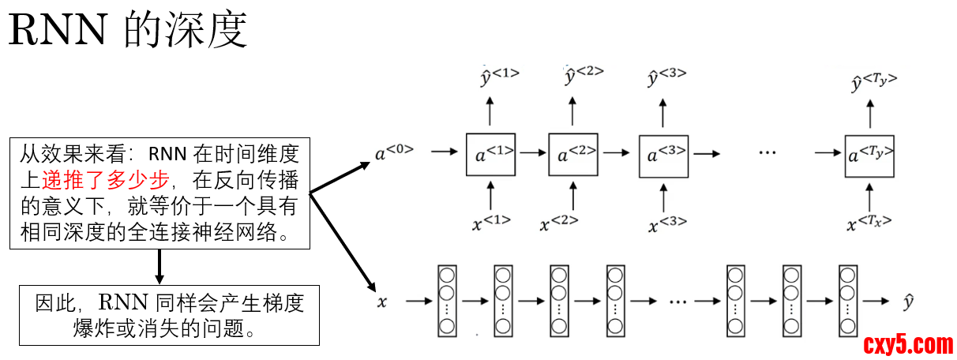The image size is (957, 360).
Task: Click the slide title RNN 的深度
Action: [129, 32]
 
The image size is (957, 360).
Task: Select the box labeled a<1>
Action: [490, 155]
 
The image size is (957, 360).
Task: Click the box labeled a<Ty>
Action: [869, 155]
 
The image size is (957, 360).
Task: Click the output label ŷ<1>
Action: [499, 76]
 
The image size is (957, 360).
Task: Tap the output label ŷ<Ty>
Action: [873, 81]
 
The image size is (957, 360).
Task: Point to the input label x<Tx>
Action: [869, 223]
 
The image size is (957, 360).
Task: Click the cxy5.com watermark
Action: [908, 344]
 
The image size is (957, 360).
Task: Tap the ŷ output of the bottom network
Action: [909, 301]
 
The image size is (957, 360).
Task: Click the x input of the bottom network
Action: [382, 301]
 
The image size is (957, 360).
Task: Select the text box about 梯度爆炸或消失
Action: [169, 315]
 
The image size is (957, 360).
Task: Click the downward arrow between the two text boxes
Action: [159, 267]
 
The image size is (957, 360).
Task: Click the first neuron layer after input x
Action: [447, 301]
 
